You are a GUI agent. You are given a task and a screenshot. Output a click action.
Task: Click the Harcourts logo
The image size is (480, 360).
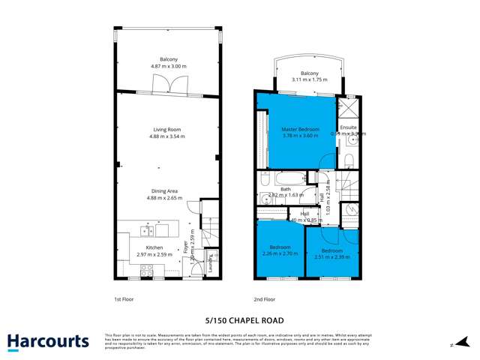[x=49, y=341]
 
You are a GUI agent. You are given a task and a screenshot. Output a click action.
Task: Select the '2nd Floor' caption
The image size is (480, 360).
[x=265, y=299]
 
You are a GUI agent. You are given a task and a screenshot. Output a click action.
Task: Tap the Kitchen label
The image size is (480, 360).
[x=154, y=247]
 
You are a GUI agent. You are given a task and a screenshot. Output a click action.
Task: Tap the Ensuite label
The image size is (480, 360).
[x=349, y=127]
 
